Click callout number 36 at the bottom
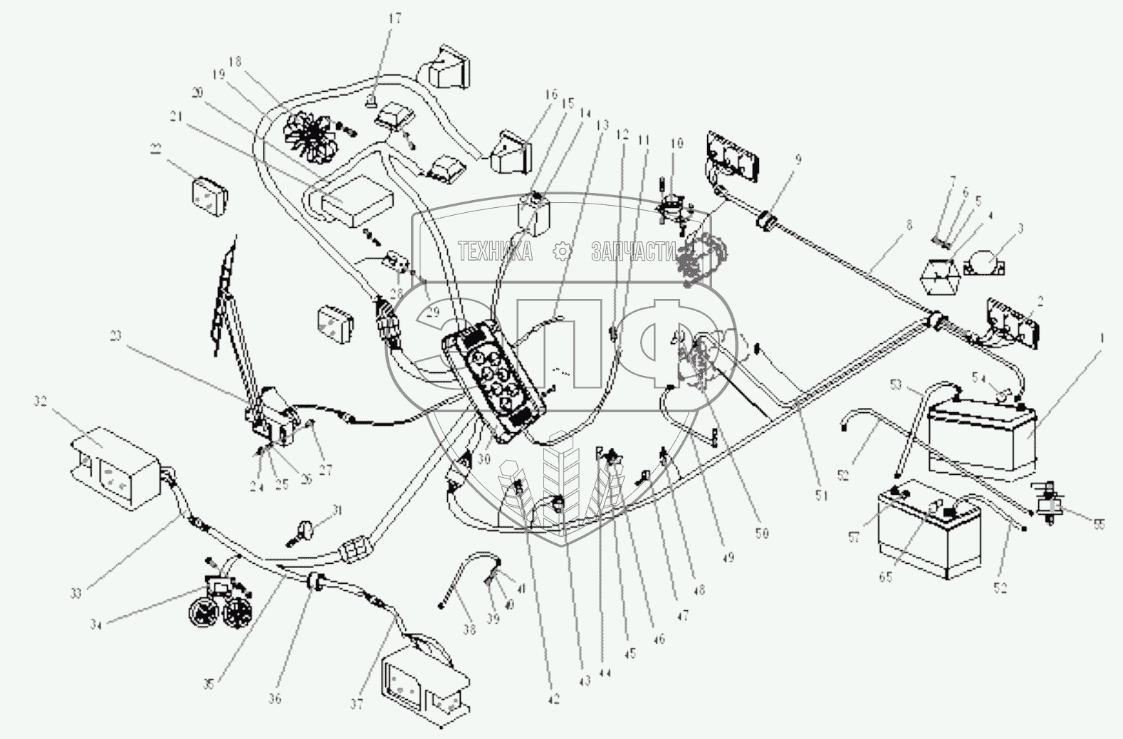pos(275,699)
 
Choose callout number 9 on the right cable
pos(798,159)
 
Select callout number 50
pos(762,532)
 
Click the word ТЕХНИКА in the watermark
pos(494,251)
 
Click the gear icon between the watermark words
pos(563,251)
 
